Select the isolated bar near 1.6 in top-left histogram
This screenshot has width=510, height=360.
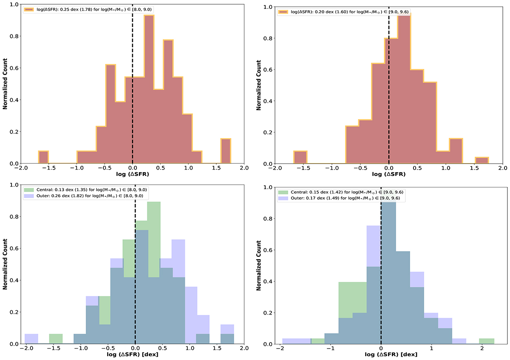tap(226, 151)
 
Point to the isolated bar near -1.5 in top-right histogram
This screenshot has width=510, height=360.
tap(300, 157)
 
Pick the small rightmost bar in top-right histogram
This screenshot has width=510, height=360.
tap(482, 161)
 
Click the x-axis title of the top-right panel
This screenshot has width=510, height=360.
tap(389, 176)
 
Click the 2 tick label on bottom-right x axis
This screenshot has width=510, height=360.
tap(482, 349)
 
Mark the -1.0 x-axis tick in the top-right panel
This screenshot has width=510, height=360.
tap(332, 168)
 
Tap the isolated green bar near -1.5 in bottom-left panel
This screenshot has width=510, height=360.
tap(56, 339)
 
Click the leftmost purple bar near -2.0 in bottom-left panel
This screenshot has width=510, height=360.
tap(31, 339)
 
